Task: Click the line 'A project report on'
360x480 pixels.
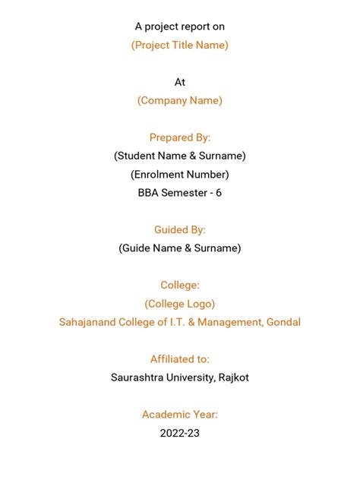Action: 180,27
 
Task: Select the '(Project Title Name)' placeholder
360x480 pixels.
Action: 180,45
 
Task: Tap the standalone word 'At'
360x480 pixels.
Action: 180,82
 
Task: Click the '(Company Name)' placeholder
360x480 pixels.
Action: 180,100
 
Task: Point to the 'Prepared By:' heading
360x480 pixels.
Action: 180,137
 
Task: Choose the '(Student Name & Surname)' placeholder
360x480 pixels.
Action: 180,156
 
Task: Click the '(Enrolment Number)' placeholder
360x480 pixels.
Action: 180,174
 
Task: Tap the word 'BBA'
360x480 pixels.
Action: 149,193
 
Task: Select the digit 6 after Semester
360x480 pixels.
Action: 219,193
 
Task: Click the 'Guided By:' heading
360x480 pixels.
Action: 180,229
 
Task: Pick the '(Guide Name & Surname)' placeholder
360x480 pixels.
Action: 180,248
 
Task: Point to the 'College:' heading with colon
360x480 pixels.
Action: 180,285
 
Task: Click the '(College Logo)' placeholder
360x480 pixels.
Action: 180,304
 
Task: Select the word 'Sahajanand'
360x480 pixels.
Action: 89,322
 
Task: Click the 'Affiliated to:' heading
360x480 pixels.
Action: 180,359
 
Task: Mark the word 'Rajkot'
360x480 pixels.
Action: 232,377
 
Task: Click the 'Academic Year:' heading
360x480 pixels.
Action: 180,415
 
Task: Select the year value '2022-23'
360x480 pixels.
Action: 180,433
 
